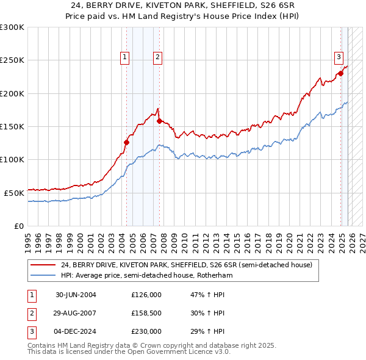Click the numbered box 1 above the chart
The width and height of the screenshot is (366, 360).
pyautogui.click(x=124, y=57)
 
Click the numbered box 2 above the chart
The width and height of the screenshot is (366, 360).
pyautogui.click(x=157, y=57)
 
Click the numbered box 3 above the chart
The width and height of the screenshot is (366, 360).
pyautogui.click(x=338, y=57)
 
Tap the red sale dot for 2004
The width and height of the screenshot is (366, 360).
pyautogui.click(x=127, y=143)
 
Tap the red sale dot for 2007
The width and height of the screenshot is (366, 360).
pyautogui.click(x=159, y=121)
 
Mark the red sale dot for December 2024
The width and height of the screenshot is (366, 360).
pyautogui.click(x=340, y=74)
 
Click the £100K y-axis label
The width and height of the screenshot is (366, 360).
pyautogui.click(x=12, y=159)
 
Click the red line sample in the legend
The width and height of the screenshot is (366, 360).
pyautogui.click(x=43, y=265)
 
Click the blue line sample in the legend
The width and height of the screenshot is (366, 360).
pyautogui.click(x=43, y=276)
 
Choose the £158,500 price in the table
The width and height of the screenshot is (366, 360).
pyautogui.click(x=146, y=313)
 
